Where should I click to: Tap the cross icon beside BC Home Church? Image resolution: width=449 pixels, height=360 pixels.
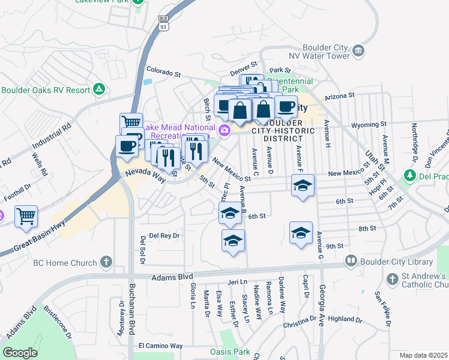click(x=106, y=262)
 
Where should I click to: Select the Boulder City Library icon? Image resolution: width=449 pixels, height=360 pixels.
click(x=351, y=262)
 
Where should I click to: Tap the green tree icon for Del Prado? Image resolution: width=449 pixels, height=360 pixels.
click(x=410, y=175)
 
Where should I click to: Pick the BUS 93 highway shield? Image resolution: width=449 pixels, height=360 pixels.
click(x=163, y=22)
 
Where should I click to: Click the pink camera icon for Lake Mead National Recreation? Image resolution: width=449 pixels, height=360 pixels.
click(x=224, y=130)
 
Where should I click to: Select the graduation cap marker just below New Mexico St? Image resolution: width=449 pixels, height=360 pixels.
click(x=303, y=185)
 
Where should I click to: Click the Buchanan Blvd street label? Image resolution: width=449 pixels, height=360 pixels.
click(x=131, y=309)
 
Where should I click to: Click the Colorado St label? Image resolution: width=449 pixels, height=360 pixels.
click(x=161, y=73)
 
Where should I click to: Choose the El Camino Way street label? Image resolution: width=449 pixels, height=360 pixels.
click(x=160, y=346)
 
